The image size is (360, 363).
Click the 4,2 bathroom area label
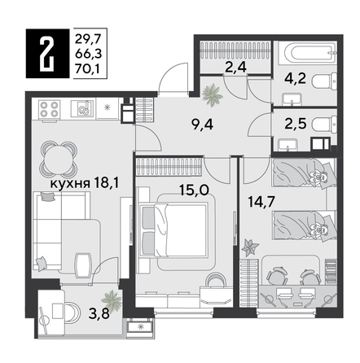[x=295, y=81]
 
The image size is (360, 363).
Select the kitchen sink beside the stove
[x=81, y=106]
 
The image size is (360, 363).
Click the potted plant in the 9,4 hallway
[x=213, y=96]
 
